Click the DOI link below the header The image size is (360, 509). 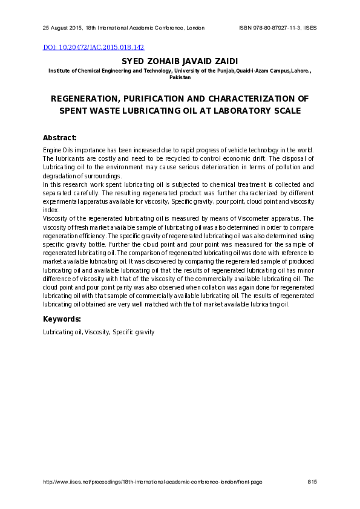tap(94, 47)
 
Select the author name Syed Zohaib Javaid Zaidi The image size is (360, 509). tap(180, 61)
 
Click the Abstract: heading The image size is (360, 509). tap(60, 137)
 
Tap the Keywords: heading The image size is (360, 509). tap(62, 319)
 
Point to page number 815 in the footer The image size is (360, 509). tap(312, 482)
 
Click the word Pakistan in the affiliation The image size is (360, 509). tap(180, 77)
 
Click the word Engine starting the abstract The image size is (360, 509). tap(52, 149)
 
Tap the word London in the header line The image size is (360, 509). tap(195, 28)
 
